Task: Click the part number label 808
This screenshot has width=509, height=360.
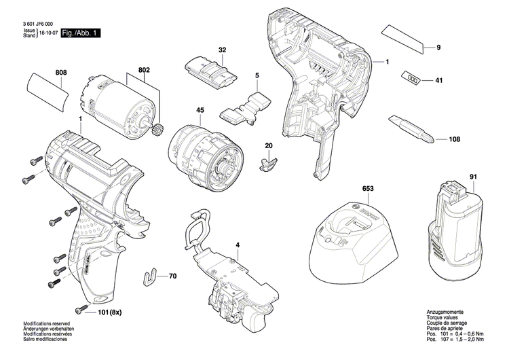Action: tap(61, 72)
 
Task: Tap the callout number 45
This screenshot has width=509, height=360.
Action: tap(200, 110)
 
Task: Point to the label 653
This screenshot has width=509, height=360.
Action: tap(367, 187)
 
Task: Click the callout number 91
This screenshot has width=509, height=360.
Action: tap(472, 178)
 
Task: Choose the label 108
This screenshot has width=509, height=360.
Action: tap(454, 139)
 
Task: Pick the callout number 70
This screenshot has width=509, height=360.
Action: tap(172, 276)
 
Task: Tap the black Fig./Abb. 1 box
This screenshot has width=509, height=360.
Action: tap(80, 33)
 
